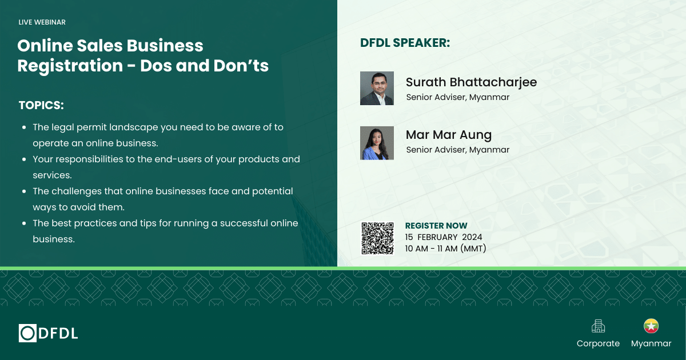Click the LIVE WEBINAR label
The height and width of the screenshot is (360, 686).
pos(42,22)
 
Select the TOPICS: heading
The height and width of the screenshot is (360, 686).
pos(41,106)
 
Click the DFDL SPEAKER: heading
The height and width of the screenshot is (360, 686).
pos(405,43)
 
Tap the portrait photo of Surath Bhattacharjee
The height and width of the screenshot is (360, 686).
pos(377,88)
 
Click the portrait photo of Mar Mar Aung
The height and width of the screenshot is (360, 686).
pos(377,143)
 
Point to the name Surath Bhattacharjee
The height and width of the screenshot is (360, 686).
pos(471,82)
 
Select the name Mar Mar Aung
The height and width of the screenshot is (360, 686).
pos(448,135)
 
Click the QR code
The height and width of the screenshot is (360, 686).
pos(377,238)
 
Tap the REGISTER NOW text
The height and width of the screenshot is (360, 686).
pos(436,226)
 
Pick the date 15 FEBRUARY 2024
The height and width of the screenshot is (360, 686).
pos(444,237)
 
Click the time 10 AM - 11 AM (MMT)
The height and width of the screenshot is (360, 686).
pos(445,248)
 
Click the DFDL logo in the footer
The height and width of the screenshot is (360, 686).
pos(48,333)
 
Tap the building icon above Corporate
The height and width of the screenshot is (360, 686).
pos(598,326)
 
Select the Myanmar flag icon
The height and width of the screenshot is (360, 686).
pos(651,326)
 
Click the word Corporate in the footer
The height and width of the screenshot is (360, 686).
pos(598,343)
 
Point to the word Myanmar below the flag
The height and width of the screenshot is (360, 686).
pos(651,343)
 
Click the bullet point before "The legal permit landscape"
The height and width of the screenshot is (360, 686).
pos(23,127)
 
